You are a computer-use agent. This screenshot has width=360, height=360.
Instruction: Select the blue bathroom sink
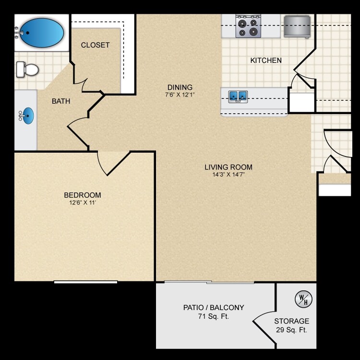28,116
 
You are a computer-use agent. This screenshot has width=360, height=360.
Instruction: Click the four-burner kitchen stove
248,27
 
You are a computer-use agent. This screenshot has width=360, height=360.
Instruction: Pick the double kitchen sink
238,96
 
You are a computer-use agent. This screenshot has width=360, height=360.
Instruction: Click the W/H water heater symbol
303,300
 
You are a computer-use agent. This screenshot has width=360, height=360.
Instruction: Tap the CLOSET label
95,45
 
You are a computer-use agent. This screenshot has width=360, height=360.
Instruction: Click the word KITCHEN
266,60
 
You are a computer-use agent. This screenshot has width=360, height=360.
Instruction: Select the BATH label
61,101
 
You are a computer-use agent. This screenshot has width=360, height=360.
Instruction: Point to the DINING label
180,87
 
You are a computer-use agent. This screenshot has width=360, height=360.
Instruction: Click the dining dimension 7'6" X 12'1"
180,95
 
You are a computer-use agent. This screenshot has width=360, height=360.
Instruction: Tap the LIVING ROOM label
228,167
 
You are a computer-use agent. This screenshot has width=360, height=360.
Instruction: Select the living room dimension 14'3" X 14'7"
228,175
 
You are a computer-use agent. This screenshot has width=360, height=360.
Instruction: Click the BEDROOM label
83,195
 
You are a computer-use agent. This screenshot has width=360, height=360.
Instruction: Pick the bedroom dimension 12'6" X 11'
83,203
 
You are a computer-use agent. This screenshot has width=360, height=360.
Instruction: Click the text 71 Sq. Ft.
214,316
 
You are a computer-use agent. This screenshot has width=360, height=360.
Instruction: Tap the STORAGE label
292,321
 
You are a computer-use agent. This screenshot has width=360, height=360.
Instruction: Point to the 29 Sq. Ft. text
292,330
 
